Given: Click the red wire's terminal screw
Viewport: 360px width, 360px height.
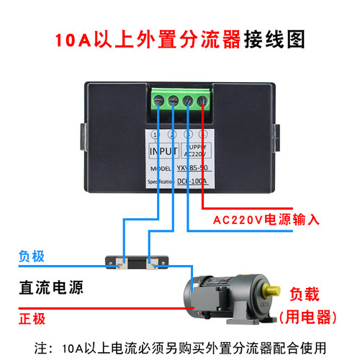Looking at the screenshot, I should pyautogui.click(x=203, y=102).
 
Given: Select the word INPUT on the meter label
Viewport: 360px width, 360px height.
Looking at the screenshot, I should pyautogui.click(x=163, y=153).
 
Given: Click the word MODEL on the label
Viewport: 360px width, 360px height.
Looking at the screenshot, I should pyautogui.click(x=161, y=168).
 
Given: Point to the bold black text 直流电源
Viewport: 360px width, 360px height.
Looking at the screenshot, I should pyautogui.click(x=51, y=289).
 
